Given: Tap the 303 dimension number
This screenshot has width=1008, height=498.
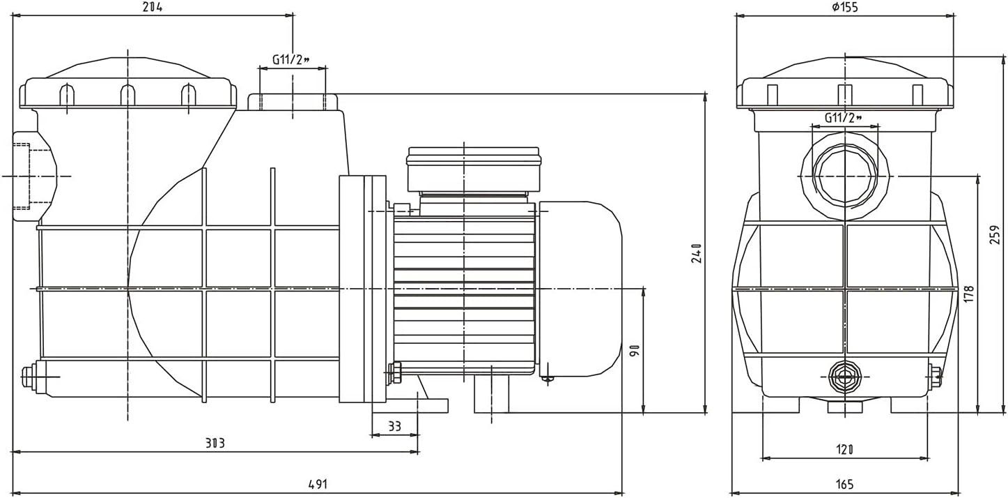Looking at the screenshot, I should (x=215, y=443).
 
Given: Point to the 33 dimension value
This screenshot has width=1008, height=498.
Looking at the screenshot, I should (x=395, y=426).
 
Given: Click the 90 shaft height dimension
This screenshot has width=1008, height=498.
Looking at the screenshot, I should (x=634, y=350).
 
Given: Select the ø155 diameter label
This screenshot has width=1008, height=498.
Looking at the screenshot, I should (x=845, y=7).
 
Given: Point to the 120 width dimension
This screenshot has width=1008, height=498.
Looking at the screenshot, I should (x=845, y=450).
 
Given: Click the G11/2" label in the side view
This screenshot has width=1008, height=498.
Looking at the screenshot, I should (x=292, y=60).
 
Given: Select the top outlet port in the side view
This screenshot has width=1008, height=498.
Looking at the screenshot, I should (x=293, y=103).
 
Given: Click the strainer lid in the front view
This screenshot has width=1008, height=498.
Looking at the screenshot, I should (x=845, y=87).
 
